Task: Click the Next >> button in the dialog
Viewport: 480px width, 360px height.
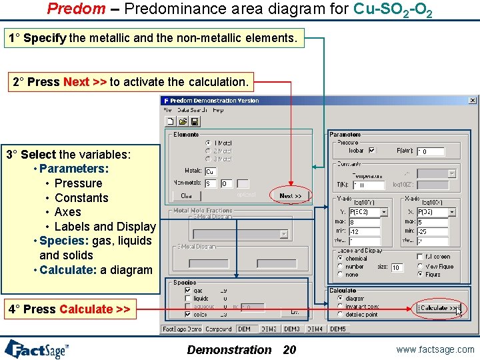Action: [290, 196]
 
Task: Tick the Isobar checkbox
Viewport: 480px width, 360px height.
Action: [372, 151]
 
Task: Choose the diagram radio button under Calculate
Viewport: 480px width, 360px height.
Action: [340, 299]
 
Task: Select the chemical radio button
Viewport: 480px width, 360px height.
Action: [340, 259]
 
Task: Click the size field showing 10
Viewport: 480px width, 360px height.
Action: [397, 267]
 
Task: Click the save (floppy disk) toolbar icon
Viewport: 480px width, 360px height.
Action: [195, 121]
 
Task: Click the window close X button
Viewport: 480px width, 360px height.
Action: [472, 101]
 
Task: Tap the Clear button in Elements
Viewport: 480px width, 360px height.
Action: [187, 196]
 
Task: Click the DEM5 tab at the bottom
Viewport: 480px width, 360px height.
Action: [338, 329]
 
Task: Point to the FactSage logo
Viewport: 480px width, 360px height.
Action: [37, 349]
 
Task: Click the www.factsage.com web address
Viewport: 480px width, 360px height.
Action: [435, 349]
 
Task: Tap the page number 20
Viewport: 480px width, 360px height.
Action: [289, 349]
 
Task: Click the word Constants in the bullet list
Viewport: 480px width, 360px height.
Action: [81, 198]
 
